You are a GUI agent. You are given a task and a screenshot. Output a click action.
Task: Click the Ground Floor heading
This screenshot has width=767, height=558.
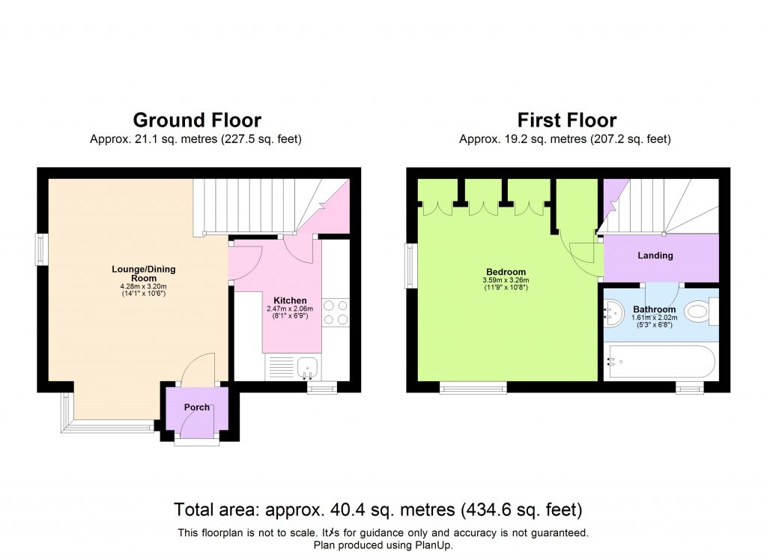point(197,120)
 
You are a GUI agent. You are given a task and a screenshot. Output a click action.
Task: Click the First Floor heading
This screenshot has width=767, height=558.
point(566,120)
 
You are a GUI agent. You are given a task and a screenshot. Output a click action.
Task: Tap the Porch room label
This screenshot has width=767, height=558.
point(198,407)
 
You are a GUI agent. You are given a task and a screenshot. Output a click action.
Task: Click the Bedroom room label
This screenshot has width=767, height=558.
point(506,272)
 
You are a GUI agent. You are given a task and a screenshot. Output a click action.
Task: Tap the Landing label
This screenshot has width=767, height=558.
point(655,255)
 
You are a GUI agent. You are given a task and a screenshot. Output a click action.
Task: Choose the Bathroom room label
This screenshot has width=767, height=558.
point(654,309)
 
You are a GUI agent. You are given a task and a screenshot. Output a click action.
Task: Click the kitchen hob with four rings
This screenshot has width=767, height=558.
point(335,312)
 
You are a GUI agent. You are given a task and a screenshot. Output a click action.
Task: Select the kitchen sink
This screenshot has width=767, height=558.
point(306,367)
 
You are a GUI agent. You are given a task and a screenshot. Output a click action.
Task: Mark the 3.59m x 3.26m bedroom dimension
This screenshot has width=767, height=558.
point(506,280)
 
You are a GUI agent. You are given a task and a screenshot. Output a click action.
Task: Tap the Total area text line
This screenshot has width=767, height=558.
point(378,511)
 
